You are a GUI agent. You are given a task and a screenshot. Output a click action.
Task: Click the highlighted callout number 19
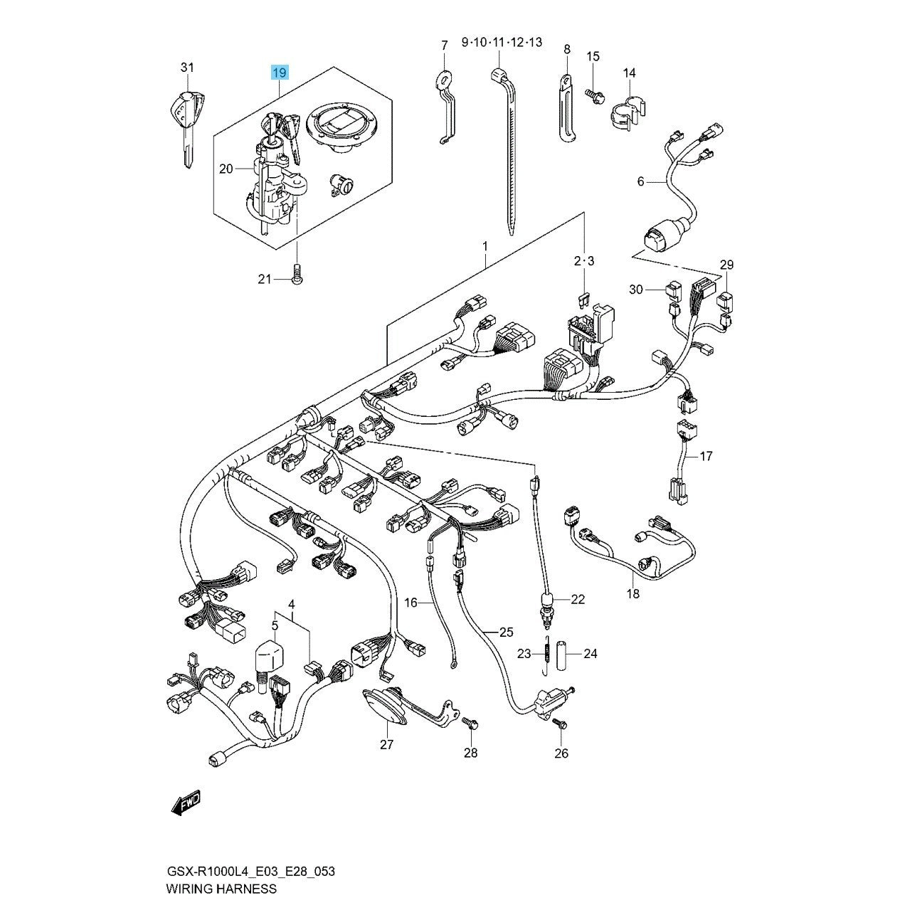[279, 73]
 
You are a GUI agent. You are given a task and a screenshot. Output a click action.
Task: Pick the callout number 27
[387, 743]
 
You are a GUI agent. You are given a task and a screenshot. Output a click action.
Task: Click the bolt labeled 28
[470, 724]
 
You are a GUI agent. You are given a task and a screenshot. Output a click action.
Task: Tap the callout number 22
[577, 600]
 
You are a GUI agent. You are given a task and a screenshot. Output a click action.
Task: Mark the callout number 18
[632, 593]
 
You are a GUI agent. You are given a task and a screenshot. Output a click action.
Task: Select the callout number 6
[640, 182]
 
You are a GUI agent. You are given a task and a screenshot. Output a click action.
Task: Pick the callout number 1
[485, 246]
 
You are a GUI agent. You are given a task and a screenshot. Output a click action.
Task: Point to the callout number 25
[506, 631]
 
